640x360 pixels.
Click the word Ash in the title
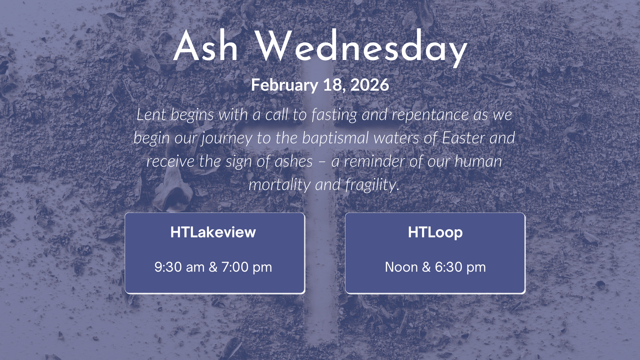coord(206,47)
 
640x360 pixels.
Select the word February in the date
coord(284,85)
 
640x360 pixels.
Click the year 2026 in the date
coord(370,85)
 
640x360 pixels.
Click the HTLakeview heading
coord(213,232)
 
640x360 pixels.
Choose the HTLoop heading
coord(435,232)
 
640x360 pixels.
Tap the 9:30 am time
coord(179,267)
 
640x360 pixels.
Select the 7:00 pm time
coord(247,267)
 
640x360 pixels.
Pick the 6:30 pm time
coord(460,267)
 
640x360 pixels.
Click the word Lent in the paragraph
coord(151,115)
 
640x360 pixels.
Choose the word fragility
coord(372,185)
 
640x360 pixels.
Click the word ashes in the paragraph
coord(294,162)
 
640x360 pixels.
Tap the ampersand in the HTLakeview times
coord(213,267)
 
